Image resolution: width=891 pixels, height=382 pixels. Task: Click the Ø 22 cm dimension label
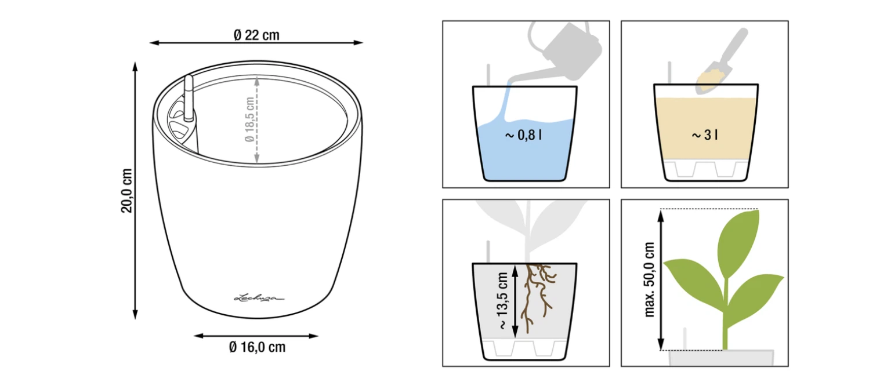click(x=256, y=35)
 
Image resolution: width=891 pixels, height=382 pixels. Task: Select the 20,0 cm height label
click(x=126, y=191)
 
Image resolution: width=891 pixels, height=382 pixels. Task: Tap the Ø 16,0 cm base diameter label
click(x=258, y=347)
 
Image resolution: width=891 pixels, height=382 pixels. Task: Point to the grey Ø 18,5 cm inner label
click(x=249, y=119)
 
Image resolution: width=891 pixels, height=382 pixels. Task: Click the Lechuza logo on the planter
click(x=259, y=298)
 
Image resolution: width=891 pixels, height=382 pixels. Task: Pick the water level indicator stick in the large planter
click(x=189, y=98)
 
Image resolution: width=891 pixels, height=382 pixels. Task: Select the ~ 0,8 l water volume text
click(x=523, y=136)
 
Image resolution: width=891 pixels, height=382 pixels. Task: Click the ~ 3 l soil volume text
click(x=705, y=135)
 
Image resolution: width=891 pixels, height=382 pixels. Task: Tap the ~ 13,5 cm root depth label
click(x=502, y=301)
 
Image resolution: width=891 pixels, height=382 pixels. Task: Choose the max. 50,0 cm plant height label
click(x=649, y=279)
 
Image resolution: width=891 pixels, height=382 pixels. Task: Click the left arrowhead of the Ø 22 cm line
click(x=154, y=42)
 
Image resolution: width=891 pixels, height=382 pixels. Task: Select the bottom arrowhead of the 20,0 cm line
click(x=135, y=314)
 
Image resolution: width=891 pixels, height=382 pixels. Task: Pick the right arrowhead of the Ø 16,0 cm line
click(x=313, y=336)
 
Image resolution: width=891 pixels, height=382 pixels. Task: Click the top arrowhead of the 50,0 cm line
click(x=661, y=216)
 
